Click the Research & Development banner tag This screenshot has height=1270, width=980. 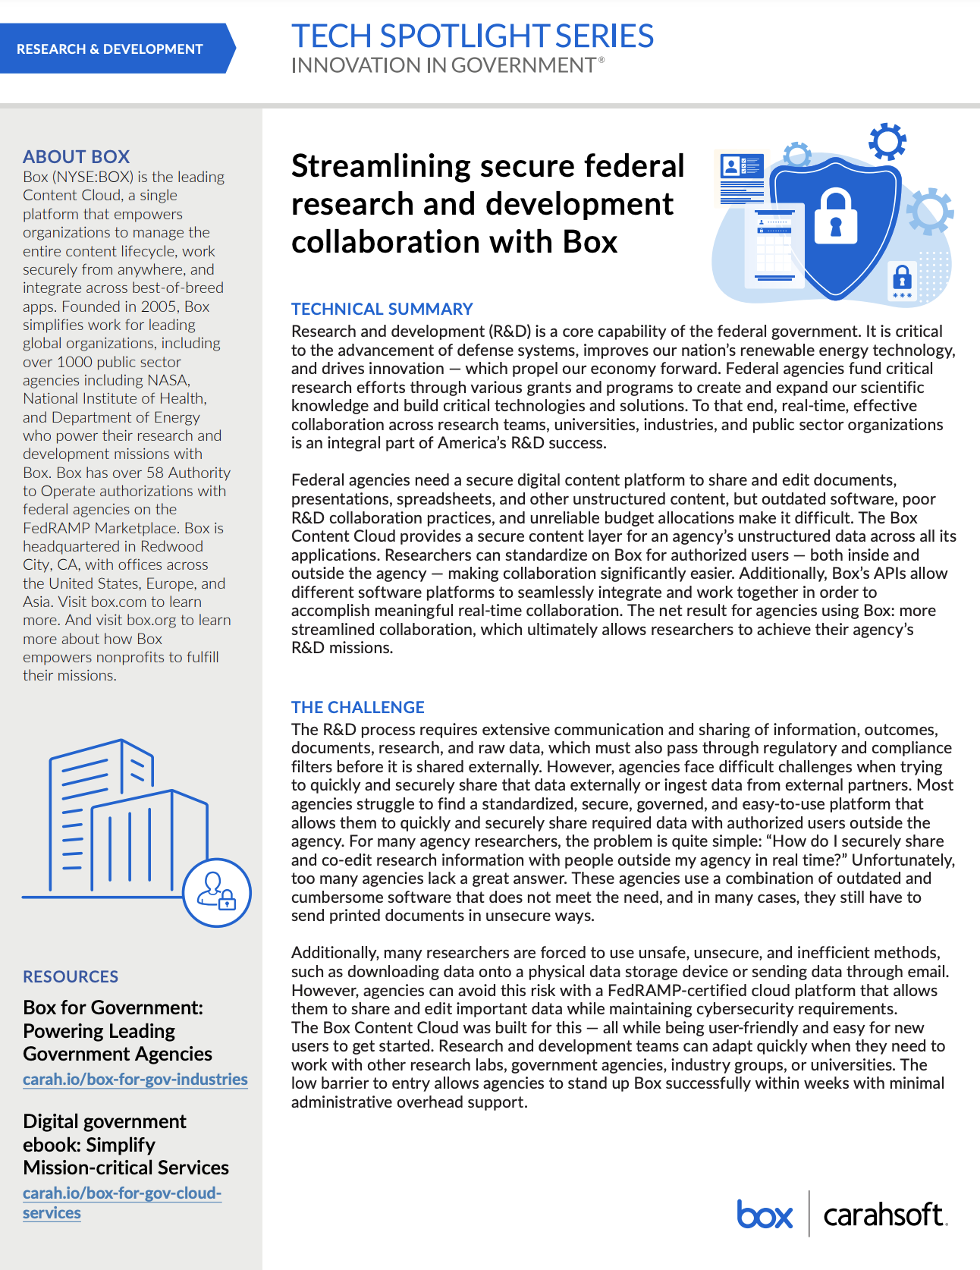coord(110,49)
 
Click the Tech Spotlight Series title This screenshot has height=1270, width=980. coord(472,36)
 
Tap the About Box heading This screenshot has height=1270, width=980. coord(76,156)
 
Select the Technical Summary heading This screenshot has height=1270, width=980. coord(382,309)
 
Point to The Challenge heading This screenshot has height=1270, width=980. coord(357,707)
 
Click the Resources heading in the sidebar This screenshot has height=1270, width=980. coord(71,976)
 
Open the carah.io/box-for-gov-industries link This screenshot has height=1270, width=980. coord(135,1079)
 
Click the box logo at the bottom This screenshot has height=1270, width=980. coord(764,1215)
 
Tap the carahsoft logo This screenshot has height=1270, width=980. coord(884,1215)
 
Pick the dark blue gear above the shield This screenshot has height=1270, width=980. coord(887,141)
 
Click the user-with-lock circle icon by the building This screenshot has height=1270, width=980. coord(216,892)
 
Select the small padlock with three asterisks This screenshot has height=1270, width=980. coord(902,281)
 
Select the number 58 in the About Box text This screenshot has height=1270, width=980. coord(155,473)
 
